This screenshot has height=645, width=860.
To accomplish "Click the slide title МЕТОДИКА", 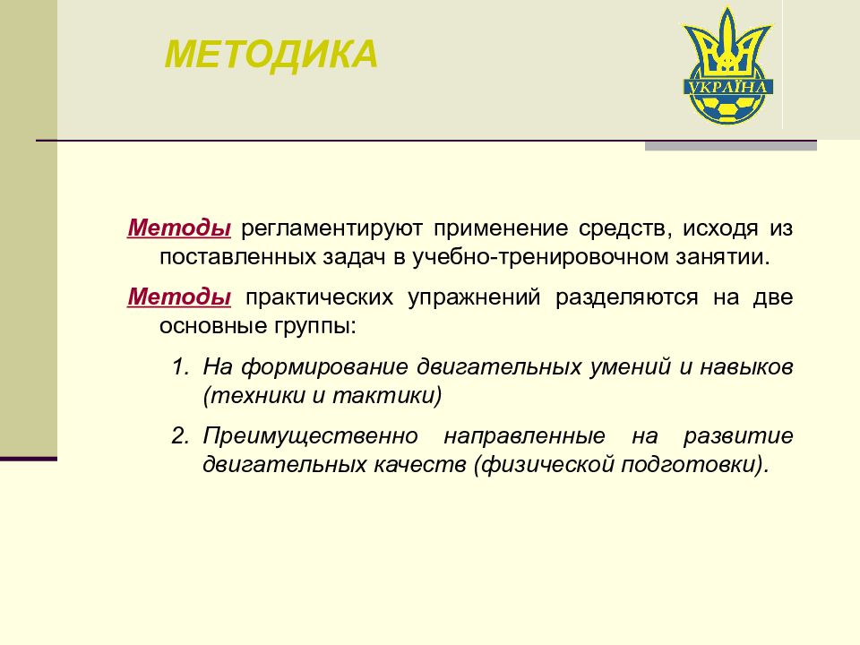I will [271, 54].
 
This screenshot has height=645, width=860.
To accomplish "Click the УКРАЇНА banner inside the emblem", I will [727, 87].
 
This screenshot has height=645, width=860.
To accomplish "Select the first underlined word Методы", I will [179, 228].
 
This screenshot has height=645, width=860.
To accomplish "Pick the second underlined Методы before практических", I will [179, 297].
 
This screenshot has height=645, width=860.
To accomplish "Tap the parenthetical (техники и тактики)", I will [322, 395].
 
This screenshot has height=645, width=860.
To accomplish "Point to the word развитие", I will [738, 436].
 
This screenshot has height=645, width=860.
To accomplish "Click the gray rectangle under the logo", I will [730, 146].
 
